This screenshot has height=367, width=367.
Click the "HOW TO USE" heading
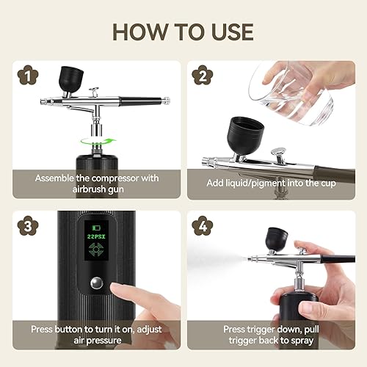click(x=183, y=32)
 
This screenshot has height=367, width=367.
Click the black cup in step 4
click(x=276, y=238)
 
